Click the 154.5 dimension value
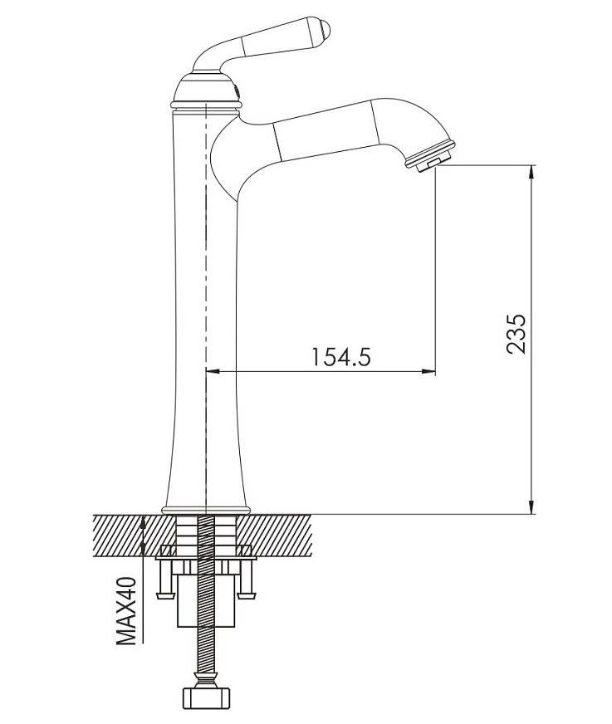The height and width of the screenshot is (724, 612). (341, 356)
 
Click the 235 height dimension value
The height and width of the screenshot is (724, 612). (516, 335)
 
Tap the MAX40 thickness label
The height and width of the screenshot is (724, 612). (126, 610)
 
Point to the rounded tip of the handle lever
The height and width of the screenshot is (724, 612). (326, 30)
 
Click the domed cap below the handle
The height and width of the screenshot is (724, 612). (206, 89)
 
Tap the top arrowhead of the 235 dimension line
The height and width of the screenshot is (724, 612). (531, 174)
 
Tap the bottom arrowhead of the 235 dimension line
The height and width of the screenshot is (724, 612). (531, 506)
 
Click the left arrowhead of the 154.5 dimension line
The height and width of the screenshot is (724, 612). (213, 370)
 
